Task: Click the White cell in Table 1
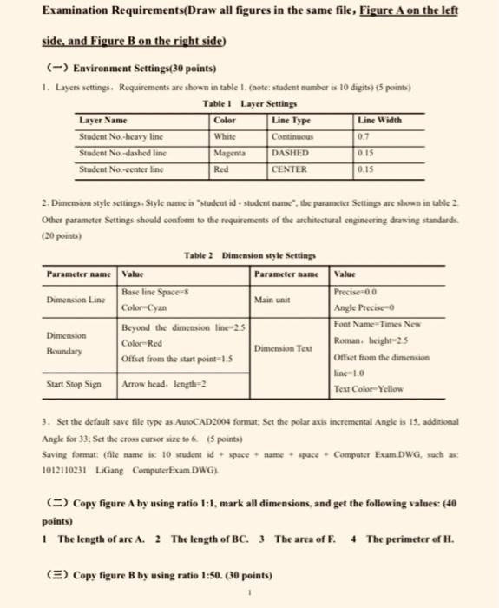(x=226, y=138)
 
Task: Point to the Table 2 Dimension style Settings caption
(x=249, y=254)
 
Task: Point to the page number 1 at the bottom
(x=250, y=596)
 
